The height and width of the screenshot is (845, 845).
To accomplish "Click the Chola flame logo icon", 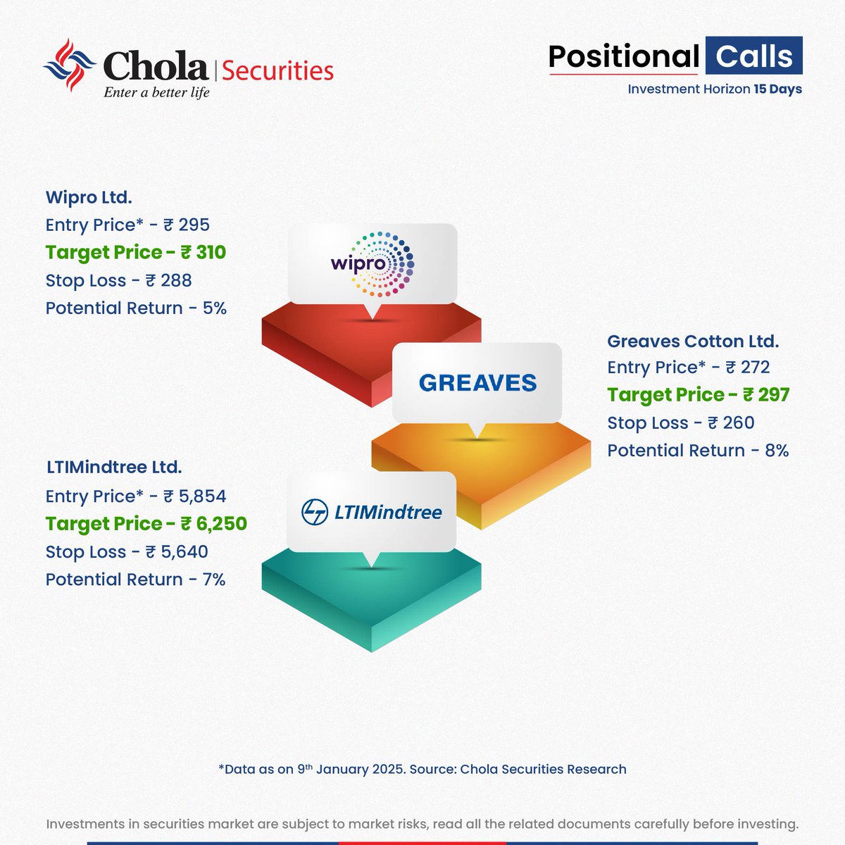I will [x=69, y=65].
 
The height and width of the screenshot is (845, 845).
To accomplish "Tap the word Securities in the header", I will [x=277, y=70].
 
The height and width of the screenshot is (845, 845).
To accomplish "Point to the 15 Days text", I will [x=777, y=89].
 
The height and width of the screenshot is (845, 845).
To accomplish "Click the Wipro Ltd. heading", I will [x=89, y=197].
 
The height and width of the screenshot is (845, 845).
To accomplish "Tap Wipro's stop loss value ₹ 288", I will [x=168, y=280].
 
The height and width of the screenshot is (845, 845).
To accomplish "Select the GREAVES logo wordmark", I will [x=477, y=383].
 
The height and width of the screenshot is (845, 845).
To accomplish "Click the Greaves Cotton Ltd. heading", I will [x=693, y=342].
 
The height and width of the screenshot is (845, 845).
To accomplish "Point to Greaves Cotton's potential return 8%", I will [x=777, y=451].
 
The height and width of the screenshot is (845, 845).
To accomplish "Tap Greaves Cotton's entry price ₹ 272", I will [x=748, y=368].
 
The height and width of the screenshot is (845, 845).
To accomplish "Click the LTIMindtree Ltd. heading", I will [x=114, y=467].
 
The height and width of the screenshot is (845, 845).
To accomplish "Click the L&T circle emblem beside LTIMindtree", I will [x=315, y=512].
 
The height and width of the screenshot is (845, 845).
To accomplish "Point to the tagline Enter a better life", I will [x=156, y=92].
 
